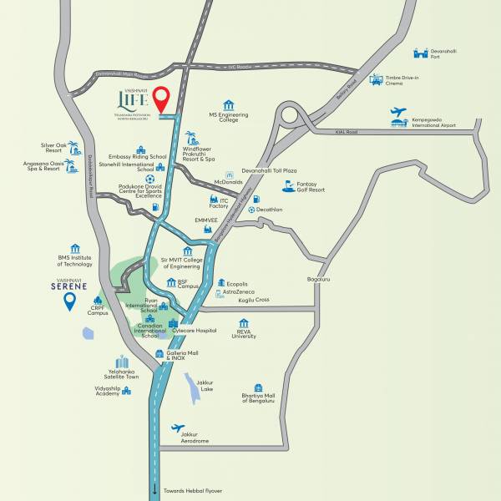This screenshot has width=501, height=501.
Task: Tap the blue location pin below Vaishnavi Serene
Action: (70, 300)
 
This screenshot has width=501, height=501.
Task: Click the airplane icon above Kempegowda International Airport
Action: (398, 112)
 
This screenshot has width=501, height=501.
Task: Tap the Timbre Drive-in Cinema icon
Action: (376, 79)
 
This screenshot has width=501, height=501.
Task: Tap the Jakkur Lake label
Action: (205, 386)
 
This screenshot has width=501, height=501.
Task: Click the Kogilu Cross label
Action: (254, 300)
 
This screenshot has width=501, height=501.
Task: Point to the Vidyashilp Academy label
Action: (107, 391)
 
